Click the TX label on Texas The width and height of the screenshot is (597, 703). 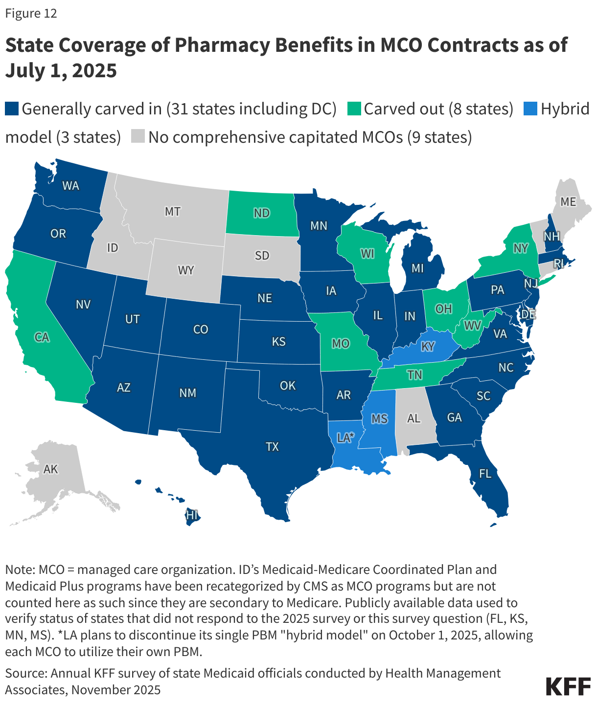tap(272, 446)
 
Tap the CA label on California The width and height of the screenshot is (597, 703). tap(42, 337)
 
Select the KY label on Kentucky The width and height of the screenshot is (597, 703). tap(428, 347)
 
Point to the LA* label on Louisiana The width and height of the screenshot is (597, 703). tap(345, 438)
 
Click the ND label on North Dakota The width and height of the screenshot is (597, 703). tap(262, 213)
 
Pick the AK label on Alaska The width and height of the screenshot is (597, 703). tap(50, 469)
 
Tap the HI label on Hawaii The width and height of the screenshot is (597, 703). tap(191, 514)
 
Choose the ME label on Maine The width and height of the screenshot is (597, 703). tap(568, 201)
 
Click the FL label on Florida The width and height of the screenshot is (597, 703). tap(485, 473)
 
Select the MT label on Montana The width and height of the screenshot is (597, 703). tap(172, 212)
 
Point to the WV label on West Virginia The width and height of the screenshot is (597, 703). tap(473, 325)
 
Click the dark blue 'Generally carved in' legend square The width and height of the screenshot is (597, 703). tap(12, 109)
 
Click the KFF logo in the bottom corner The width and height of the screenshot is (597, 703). tap(568, 686)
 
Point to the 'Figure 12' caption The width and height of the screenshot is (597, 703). tap(31, 13)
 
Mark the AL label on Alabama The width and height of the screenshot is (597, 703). tap(413, 418)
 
